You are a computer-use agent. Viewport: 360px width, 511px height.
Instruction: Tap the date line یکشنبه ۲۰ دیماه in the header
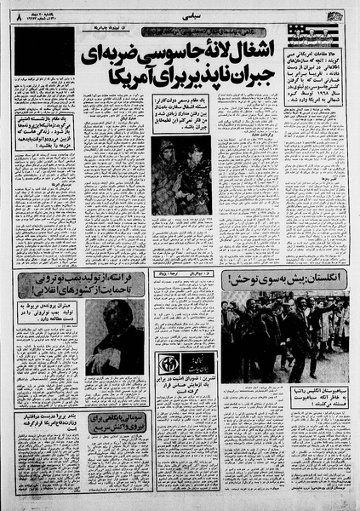pos(37,10)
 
